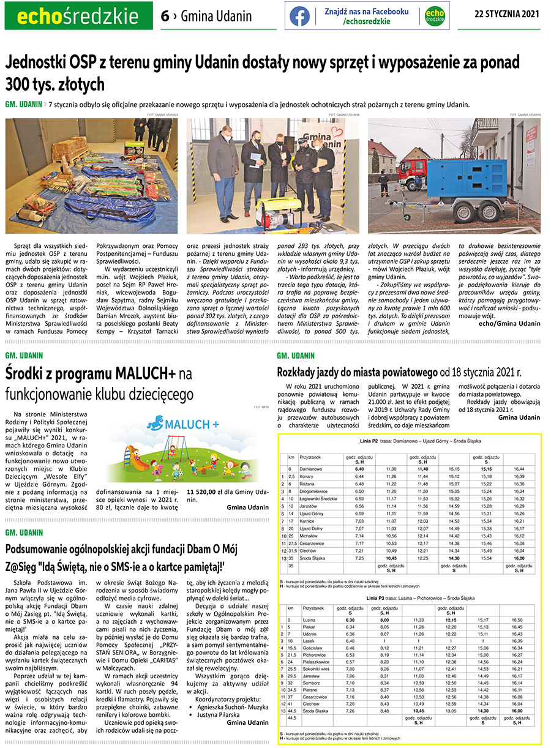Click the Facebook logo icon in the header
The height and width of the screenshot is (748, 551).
click(x=300, y=16)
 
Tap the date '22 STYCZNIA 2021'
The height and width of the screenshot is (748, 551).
click(x=507, y=15)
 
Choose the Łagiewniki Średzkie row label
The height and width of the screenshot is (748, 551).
click(x=321, y=498)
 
